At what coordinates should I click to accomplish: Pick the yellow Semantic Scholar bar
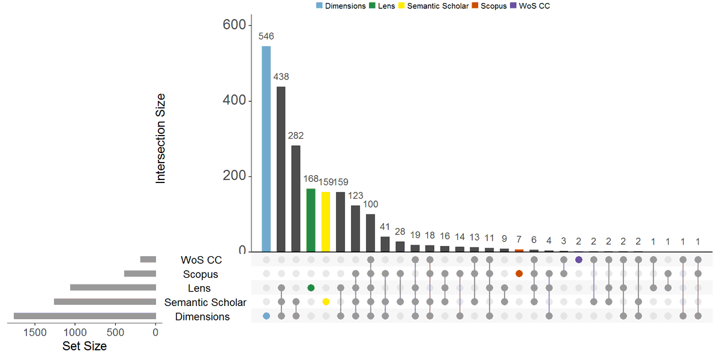pyautogui.click(x=326, y=222)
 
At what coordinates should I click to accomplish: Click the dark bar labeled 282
pyautogui.click(x=296, y=199)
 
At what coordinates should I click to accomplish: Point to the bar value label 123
pyautogui.click(x=356, y=196)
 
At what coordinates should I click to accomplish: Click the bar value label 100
pyautogui.click(x=371, y=204)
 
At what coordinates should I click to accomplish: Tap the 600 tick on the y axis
pyautogui.click(x=233, y=25)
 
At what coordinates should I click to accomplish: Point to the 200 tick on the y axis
pyautogui.click(x=233, y=176)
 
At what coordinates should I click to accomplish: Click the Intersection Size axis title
pyautogui.click(x=160, y=138)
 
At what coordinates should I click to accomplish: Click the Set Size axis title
pyautogui.click(x=85, y=346)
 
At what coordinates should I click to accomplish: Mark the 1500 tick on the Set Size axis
pyautogui.click(x=35, y=332)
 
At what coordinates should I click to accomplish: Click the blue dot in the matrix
pyautogui.click(x=266, y=316)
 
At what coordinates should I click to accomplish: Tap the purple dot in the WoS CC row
pyautogui.click(x=578, y=260)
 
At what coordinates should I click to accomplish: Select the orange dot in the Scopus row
pyautogui.click(x=519, y=274)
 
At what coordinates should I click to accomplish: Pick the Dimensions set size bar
pyautogui.click(x=85, y=316)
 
